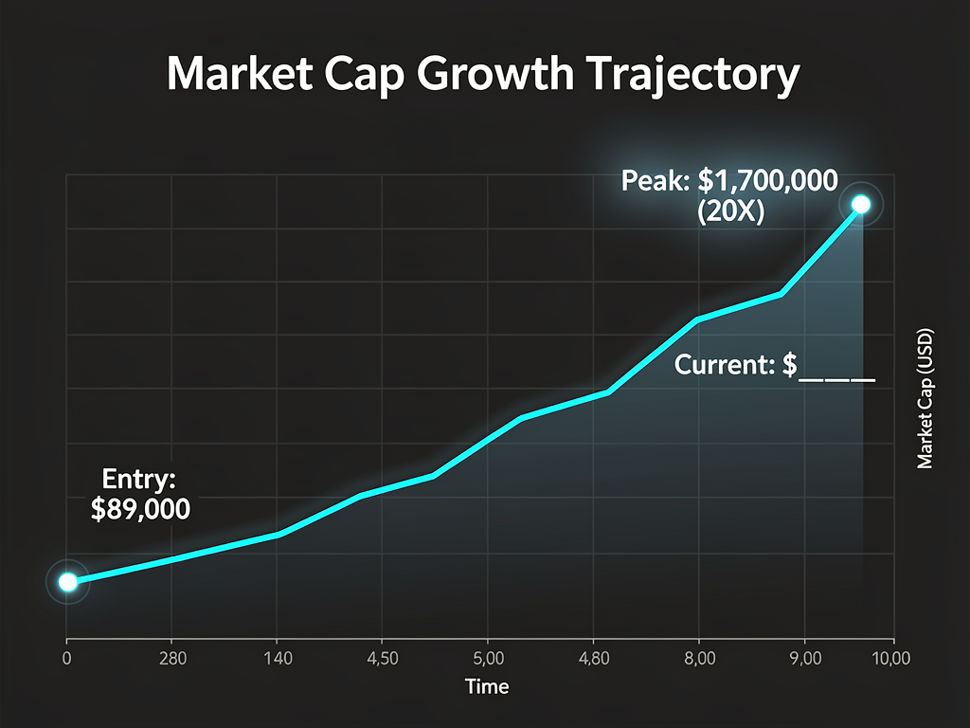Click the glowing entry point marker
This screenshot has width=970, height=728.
pyautogui.click(x=67, y=581)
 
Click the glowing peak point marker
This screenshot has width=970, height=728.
pyautogui.click(x=861, y=204)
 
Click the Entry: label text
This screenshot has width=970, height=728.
pyautogui.click(x=140, y=478)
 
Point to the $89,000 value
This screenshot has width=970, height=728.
pyautogui.click(x=140, y=509)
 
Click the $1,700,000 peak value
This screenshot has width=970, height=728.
pyautogui.click(x=767, y=179)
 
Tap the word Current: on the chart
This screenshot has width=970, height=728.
pyautogui.click(x=725, y=365)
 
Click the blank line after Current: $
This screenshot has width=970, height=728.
pyautogui.click(x=837, y=377)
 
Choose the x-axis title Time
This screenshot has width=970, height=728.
pyautogui.click(x=487, y=686)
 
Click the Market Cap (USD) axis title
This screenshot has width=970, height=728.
pyautogui.click(x=925, y=398)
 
